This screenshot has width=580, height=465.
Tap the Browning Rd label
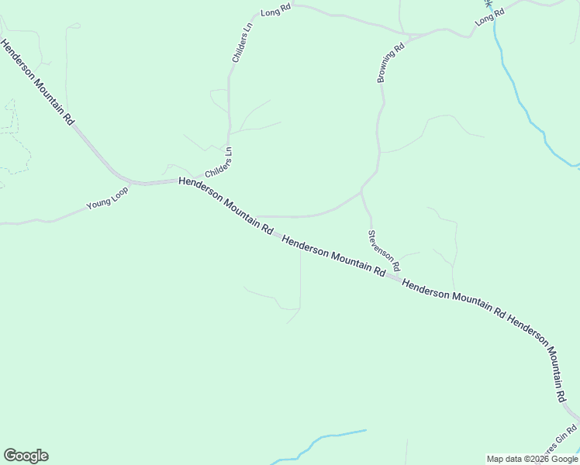pyautogui.click(x=392, y=63)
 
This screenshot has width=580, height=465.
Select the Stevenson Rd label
pyautogui.click(x=384, y=250)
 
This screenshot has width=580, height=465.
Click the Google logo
pyautogui.click(x=26, y=456)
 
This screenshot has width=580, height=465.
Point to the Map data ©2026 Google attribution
pyautogui.click(x=532, y=459)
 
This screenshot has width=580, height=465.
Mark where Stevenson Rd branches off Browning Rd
pyautogui.click(x=361, y=190)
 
